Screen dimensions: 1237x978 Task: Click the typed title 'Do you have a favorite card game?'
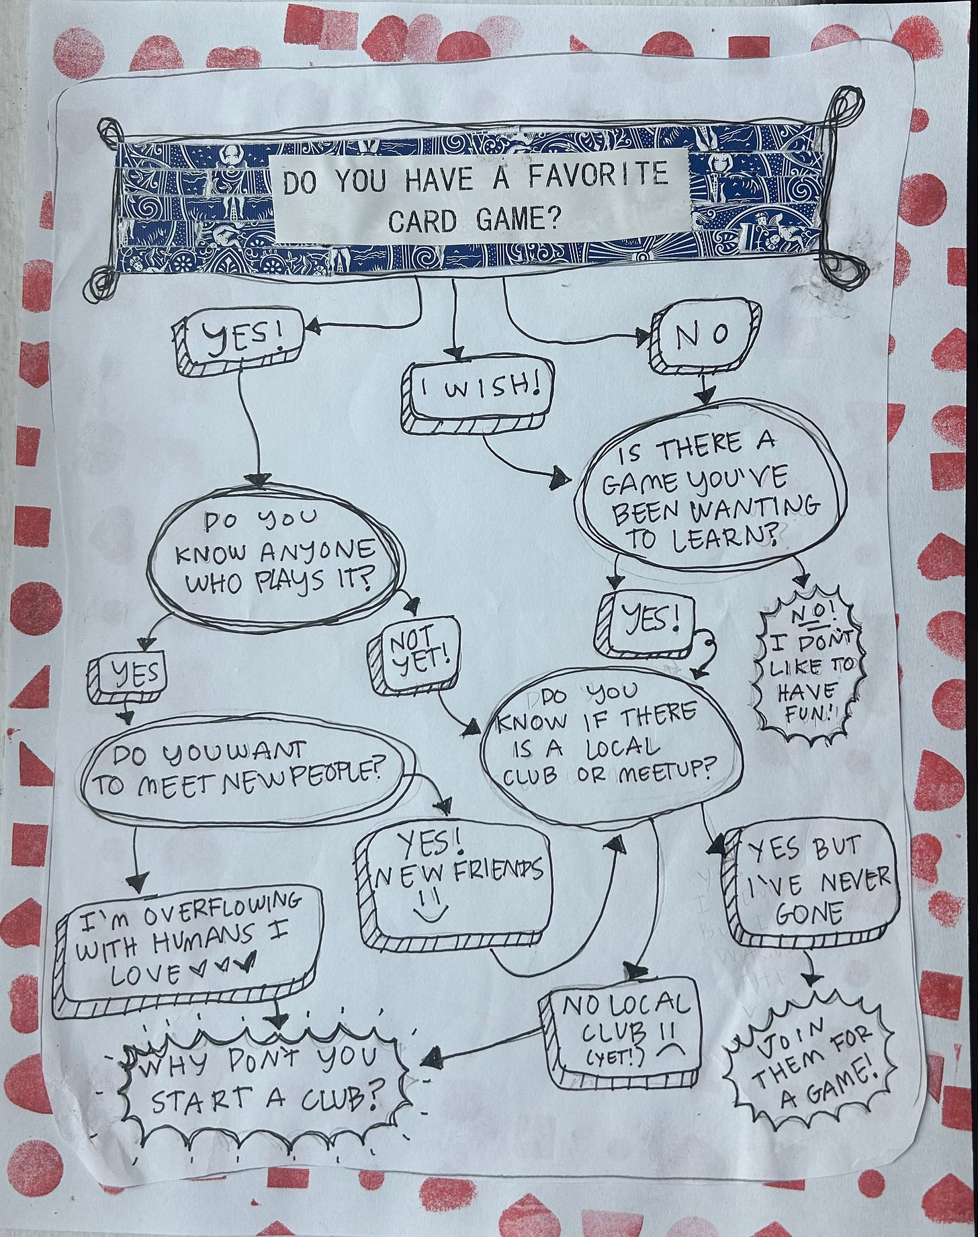pos(476,199)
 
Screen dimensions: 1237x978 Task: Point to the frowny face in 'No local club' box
pos(669,1048)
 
